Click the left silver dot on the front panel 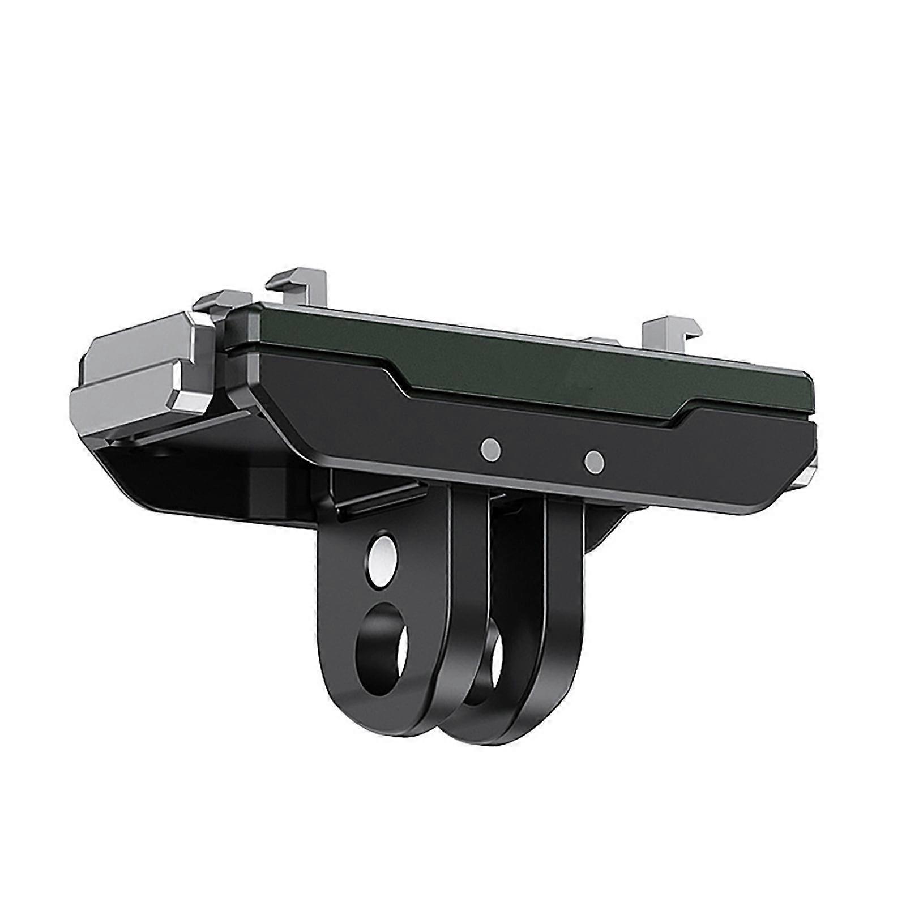click(x=491, y=449)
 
